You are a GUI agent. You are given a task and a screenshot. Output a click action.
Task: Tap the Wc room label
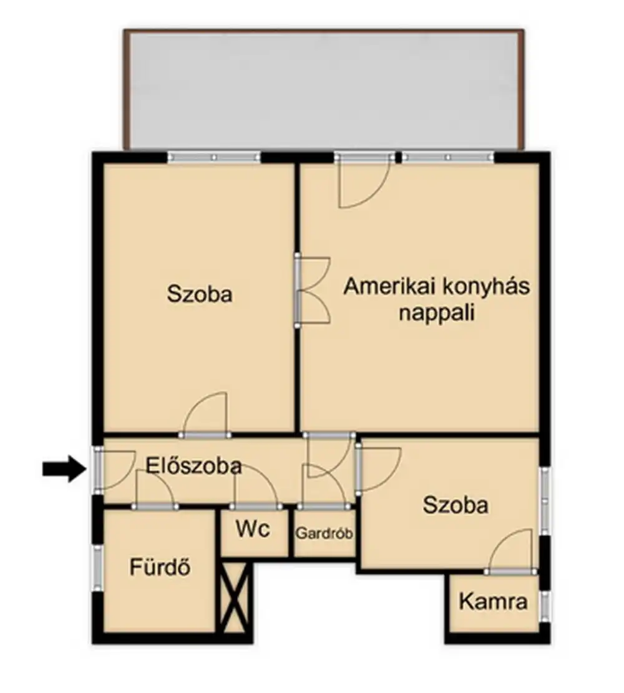253,530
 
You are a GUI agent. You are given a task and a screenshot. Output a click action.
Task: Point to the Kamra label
493,602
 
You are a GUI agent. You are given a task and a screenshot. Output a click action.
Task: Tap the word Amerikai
389,287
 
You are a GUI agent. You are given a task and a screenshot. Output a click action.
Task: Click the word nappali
436,312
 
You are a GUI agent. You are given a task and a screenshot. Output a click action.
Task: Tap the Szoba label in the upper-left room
200,294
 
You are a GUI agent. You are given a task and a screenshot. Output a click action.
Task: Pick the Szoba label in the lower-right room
456,505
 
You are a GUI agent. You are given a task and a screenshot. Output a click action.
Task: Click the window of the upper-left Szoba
214,157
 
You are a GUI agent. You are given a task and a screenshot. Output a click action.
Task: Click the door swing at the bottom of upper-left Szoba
207,415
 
